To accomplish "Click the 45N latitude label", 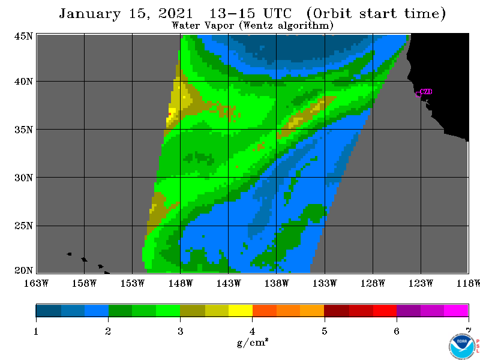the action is click(23, 36).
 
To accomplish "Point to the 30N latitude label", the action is click(23, 178).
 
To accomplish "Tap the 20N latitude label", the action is click(23, 270).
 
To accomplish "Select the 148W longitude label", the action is click(181, 283).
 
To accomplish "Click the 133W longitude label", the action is click(325, 283).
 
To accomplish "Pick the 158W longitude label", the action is click(84, 283).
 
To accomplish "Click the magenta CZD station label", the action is click(426, 92).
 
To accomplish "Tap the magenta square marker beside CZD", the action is click(418, 94).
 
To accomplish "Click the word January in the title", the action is click(89, 14).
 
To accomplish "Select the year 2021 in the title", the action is click(176, 14).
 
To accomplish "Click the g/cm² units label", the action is click(253, 342).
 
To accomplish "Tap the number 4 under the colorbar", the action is click(252, 331).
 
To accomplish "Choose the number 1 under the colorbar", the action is click(36, 331).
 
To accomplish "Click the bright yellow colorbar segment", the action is click(241, 310).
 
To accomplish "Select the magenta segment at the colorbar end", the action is click(456, 310).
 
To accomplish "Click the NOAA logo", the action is click(462, 346).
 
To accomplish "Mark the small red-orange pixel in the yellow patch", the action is click(169, 114).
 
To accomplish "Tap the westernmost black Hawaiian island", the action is click(69, 254).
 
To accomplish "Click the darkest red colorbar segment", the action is click(337, 310).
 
